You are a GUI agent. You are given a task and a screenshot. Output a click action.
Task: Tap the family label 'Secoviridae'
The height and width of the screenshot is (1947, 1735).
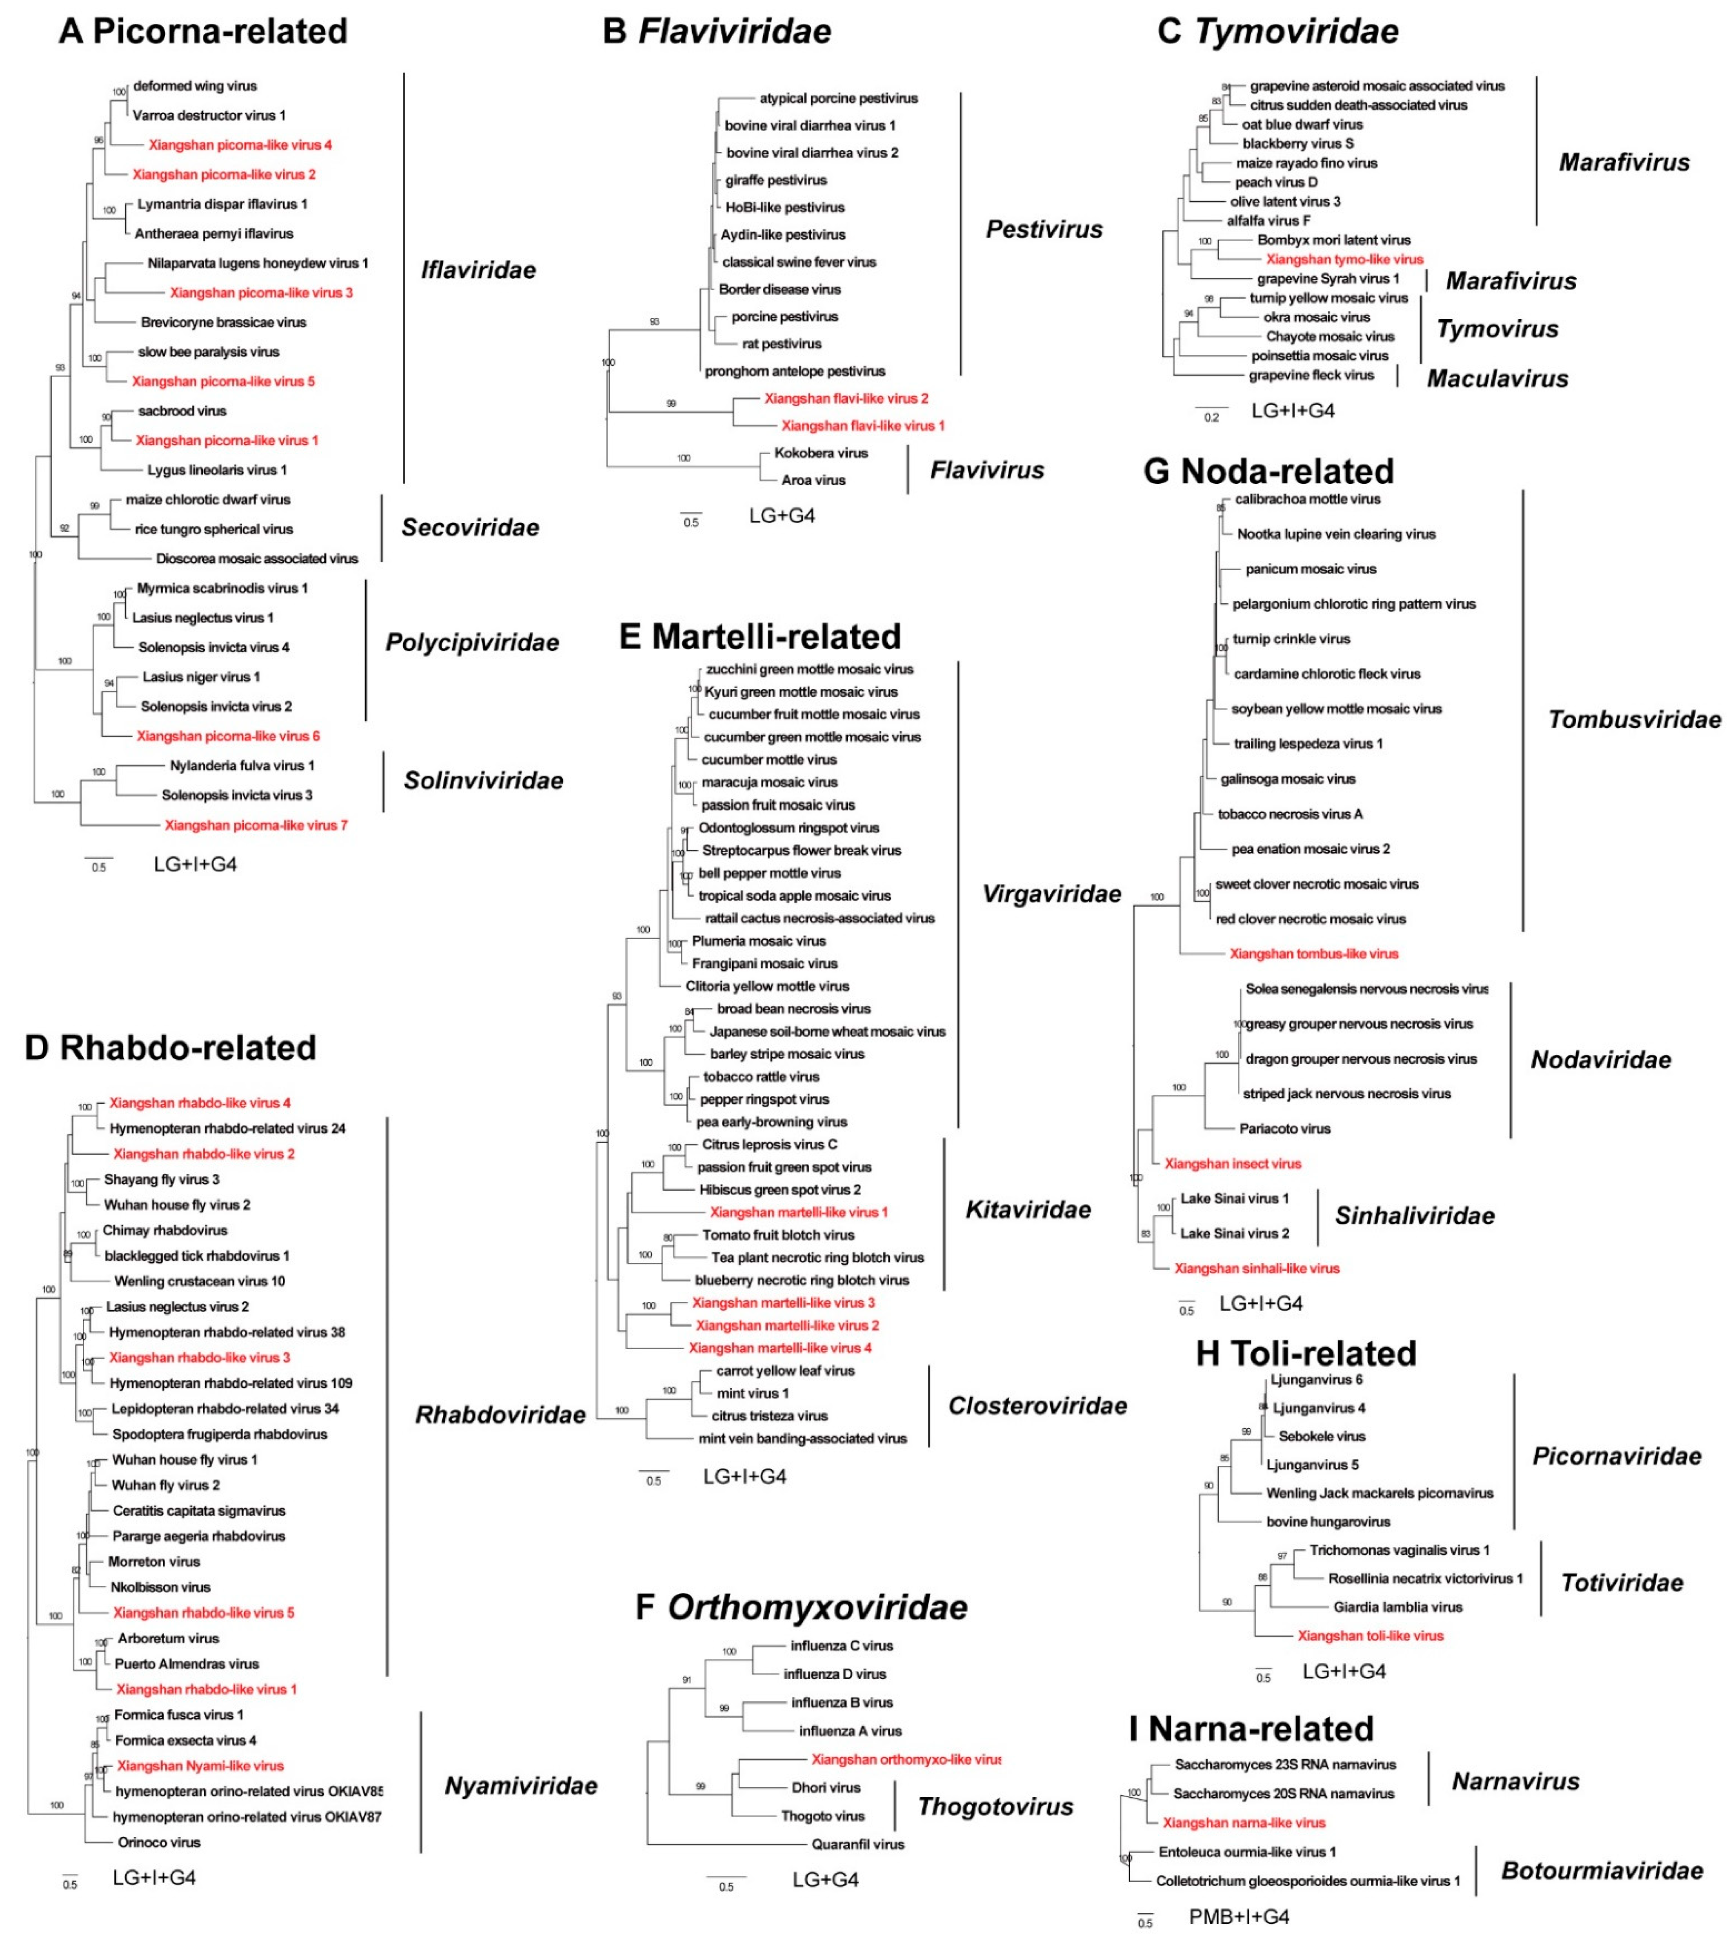[470, 527]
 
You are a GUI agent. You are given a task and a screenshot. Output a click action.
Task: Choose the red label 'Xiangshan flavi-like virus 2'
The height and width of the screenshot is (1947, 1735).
[846, 398]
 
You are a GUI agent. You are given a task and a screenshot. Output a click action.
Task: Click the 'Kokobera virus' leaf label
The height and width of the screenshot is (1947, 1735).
[821, 453]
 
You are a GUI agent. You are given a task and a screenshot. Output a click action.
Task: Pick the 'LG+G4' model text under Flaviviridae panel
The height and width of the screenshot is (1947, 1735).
[782, 516]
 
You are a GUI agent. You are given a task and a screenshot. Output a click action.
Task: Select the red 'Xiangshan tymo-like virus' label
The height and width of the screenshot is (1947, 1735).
[1344, 259]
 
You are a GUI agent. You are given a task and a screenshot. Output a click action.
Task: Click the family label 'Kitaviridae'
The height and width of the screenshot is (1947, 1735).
[1028, 1210]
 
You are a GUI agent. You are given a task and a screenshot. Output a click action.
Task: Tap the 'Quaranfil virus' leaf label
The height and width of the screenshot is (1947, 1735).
[857, 1844]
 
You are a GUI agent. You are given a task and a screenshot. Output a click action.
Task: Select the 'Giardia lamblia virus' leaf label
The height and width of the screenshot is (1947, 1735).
[1397, 1607]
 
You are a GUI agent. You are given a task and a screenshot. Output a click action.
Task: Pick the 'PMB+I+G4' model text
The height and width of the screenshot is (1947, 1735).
[1238, 1916]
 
